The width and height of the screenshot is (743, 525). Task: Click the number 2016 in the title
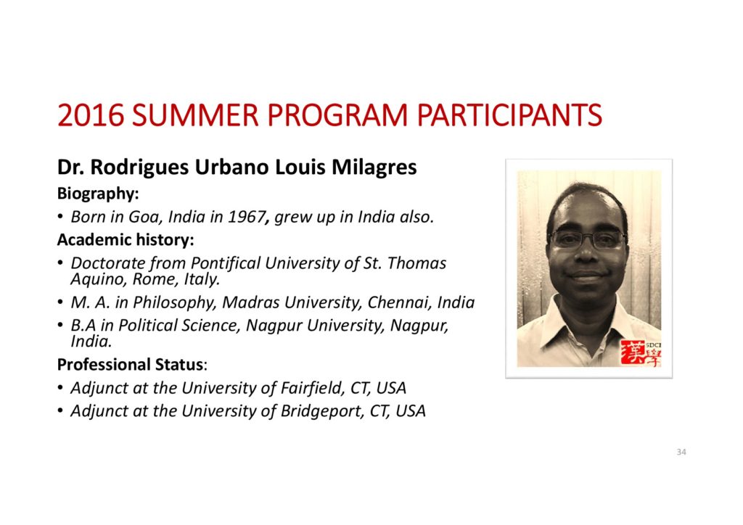pyautogui.click(x=91, y=115)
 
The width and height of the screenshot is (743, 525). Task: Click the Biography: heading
pyautogui.click(x=98, y=194)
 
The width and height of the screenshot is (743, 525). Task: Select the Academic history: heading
pyautogui.click(x=126, y=239)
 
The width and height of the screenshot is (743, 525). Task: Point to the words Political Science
pyautogui.click(x=180, y=326)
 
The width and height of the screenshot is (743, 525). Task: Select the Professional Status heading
pyautogui.click(x=131, y=365)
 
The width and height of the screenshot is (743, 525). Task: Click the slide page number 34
pyautogui.click(x=681, y=452)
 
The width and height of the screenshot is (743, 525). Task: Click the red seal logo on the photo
pyautogui.click(x=640, y=352)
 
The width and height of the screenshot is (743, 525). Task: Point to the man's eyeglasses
pyautogui.click(x=586, y=240)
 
